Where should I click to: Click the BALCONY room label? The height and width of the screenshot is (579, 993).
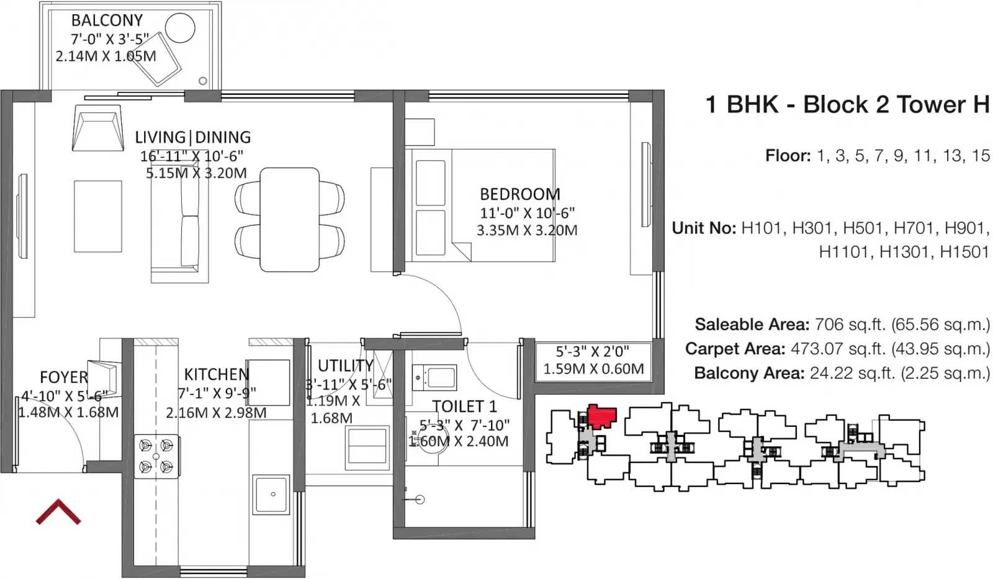pos(107,20)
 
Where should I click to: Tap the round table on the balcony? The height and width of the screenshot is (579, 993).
pos(180,27)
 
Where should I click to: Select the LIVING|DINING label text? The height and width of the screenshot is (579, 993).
pos(193,137)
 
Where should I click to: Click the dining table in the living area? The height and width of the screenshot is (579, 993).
pos(289,220)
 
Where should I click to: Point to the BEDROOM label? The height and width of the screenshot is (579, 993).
pos(520,194)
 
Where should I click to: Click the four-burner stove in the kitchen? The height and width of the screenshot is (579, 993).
pos(156,456)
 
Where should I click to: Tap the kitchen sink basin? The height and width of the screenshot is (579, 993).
pos(271,495)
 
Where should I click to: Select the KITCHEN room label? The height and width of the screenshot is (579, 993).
pos(217,375)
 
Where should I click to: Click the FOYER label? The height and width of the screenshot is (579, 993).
pos(64,377)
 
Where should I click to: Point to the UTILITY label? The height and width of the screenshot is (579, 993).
pos(346,366)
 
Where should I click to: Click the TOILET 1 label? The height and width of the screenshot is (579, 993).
pos(465,406)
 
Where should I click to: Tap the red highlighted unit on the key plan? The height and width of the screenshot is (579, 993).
pos(601,416)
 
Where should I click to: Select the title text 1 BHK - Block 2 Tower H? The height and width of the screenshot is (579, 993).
pos(847,105)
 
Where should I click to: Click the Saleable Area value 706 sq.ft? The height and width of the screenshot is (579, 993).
pos(851,325)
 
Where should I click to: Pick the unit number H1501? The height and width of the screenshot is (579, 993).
pos(964,252)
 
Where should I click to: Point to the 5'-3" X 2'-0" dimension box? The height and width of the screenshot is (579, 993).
pos(593,361)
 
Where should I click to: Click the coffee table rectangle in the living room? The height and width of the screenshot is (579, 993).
pos(98,217)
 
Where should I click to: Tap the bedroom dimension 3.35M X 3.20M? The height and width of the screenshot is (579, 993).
pos(527,230)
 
